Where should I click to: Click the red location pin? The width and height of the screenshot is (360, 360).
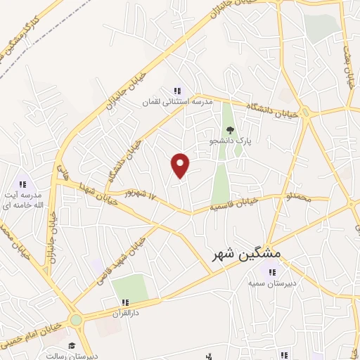pos(181,165)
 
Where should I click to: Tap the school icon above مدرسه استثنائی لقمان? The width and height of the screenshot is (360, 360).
pos(178,91)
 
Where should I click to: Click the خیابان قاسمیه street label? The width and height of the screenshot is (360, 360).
pos(235,205)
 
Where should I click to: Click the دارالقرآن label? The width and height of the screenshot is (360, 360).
pos(125,313)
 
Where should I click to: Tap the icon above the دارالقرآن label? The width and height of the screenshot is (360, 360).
pos(125,302)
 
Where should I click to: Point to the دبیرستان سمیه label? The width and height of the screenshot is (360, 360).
pos(269,283)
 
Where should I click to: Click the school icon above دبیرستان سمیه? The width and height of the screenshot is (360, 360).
pos(269,272)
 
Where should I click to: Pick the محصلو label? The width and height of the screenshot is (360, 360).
pos(298,192)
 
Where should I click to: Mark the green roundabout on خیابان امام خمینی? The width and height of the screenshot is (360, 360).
pos(75,320)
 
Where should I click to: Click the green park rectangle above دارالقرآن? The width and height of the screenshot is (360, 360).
pos(130,288)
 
